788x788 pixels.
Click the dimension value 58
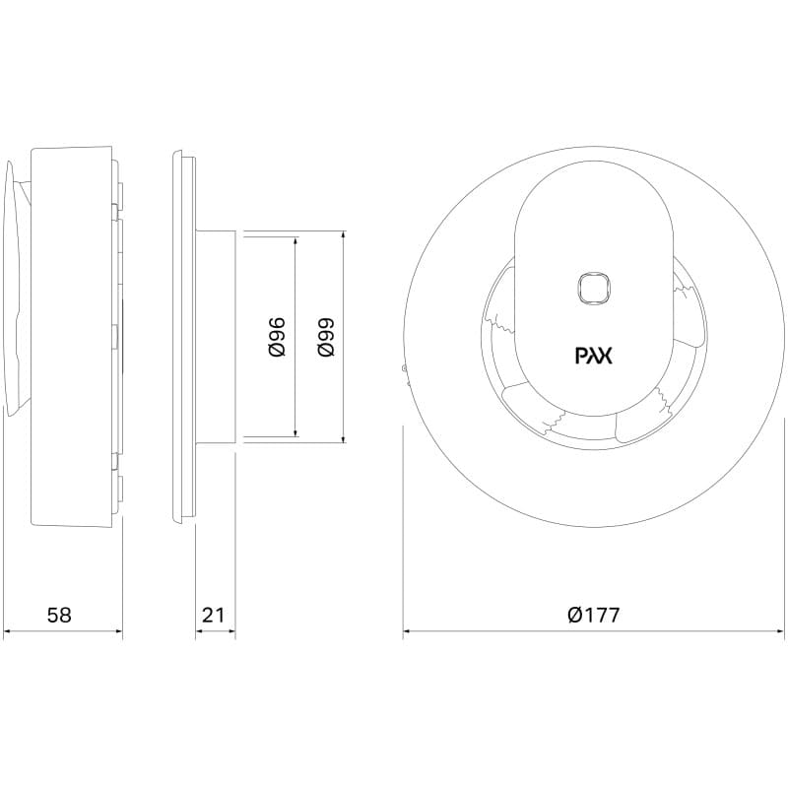[x=59, y=615]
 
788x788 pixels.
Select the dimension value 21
[x=213, y=615]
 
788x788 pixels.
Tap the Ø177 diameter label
[x=594, y=615]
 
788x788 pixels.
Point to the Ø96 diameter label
[x=277, y=337]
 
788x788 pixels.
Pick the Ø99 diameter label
[x=326, y=337]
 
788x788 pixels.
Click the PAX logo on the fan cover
[x=594, y=356]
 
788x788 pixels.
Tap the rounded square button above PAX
[x=594, y=289]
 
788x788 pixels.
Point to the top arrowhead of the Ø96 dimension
[x=296, y=241]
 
